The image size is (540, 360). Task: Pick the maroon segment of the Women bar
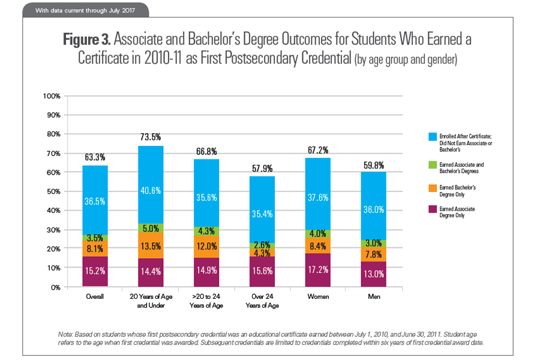point(319,269)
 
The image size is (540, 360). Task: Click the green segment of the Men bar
point(374,243)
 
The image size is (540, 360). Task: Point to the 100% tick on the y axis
point(51,96)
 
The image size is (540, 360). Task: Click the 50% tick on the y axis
point(52,191)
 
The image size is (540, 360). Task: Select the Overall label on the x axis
point(95,296)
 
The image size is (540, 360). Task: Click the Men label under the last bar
point(374,296)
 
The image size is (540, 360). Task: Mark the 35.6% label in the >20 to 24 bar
point(206,199)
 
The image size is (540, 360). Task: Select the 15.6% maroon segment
point(263,271)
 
